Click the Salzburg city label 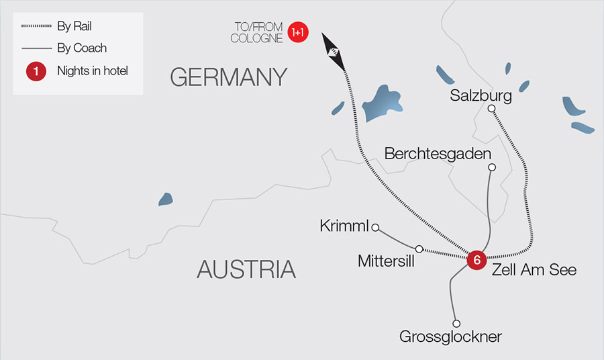(481, 95)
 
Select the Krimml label (345, 226)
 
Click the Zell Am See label (534, 270)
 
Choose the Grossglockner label (450, 336)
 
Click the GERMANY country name (229, 77)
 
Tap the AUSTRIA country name (246, 269)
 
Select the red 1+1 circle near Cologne (298, 32)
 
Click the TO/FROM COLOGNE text (256, 32)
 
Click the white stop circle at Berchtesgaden (492, 167)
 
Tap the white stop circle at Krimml (375, 227)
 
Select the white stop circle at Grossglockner (456, 323)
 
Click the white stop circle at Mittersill (419, 249)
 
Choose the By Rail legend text (74, 27)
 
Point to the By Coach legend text (82, 48)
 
